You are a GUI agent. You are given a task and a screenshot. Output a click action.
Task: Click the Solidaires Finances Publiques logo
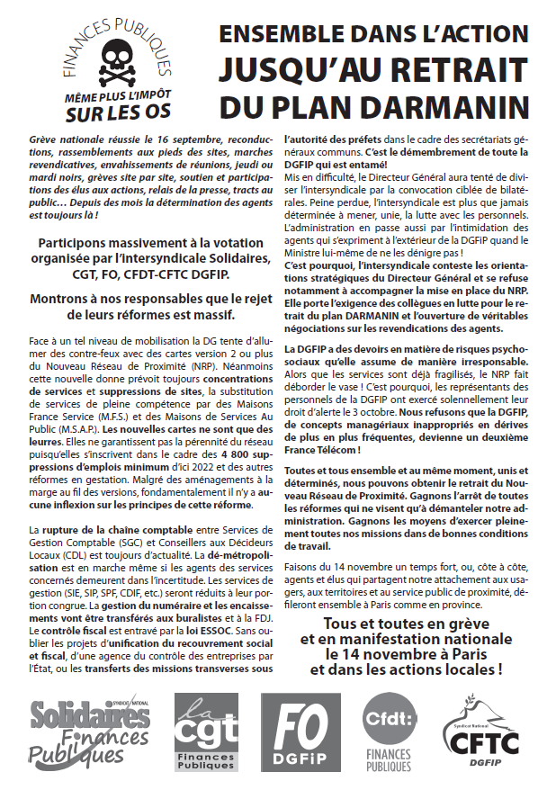click(x=89, y=732)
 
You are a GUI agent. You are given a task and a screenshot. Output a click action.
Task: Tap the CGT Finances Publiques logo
click(x=205, y=732)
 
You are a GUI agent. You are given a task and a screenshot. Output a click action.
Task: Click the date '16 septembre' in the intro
click(x=166, y=142)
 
